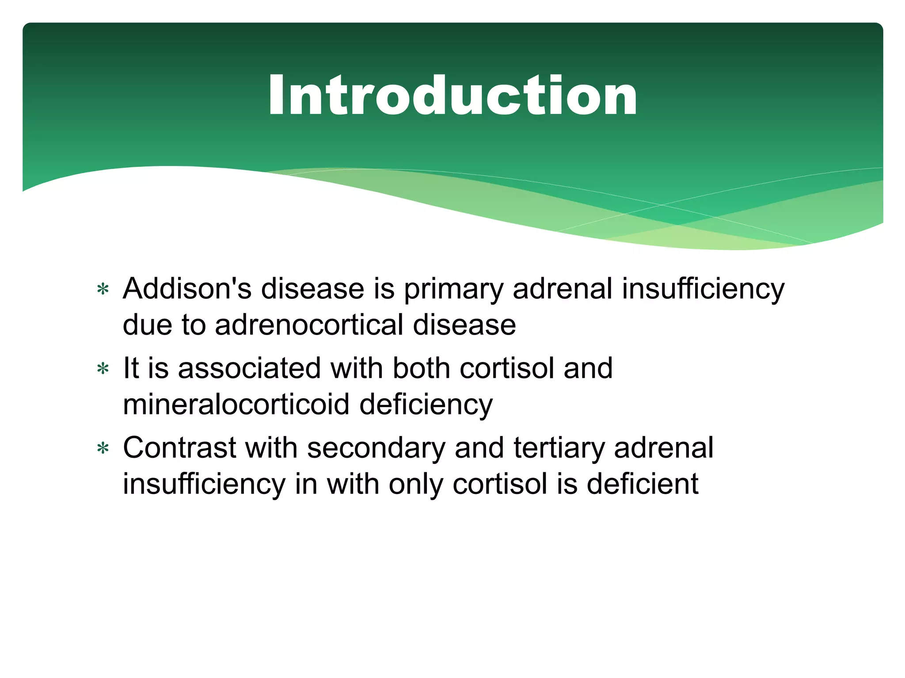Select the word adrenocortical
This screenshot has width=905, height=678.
click(x=309, y=325)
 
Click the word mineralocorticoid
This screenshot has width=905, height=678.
click(x=236, y=404)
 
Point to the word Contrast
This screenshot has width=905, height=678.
click(x=179, y=448)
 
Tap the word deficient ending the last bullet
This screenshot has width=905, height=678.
click(x=643, y=484)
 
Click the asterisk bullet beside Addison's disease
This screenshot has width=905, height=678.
click(x=103, y=290)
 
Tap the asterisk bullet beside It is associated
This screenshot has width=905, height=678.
click(x=103, y=369)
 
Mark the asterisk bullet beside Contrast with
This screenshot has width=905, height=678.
click(x=103, y=449)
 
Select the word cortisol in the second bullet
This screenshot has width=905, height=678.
click(x=506, y=368)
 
